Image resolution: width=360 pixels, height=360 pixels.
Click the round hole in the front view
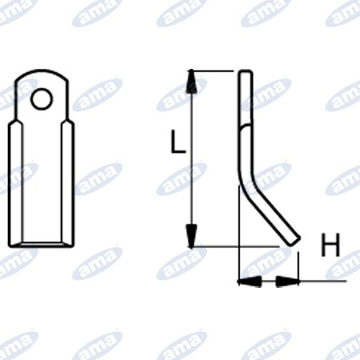pyautogui.click(x=42, y=99)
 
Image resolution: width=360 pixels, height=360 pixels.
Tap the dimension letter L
pyautogui.click(x=178, y=142)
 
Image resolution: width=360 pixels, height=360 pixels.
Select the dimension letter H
pyautogui.click(x=330, y=245)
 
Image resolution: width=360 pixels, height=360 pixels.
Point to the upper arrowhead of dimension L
pyautogui.click(x=191, y=82)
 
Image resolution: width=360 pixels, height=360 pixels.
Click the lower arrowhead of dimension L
pyautogui.click(x=191, y=236)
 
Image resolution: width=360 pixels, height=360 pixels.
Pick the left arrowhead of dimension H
pyautogui.click(x=250, y=282)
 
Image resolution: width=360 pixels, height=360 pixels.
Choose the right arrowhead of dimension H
pyautogui.click(x=287, y=282)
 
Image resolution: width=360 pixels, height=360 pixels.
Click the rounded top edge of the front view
pyautogui.click(x=42, y=71)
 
